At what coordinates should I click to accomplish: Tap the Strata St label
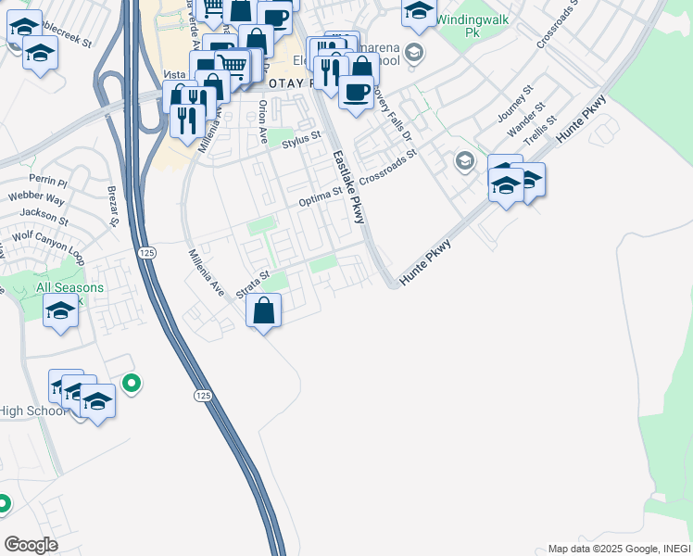(251, 284)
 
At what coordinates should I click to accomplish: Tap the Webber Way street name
(36, 199)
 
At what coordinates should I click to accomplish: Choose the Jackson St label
(44, 217)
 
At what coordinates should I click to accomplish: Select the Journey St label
(516, 104)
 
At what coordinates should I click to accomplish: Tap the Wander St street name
(526, 119)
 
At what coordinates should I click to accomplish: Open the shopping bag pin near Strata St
(264, 310)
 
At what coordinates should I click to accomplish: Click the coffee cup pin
(356, 92)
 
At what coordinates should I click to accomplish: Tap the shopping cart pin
(232, 65)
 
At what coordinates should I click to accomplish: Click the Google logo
(31, 545)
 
